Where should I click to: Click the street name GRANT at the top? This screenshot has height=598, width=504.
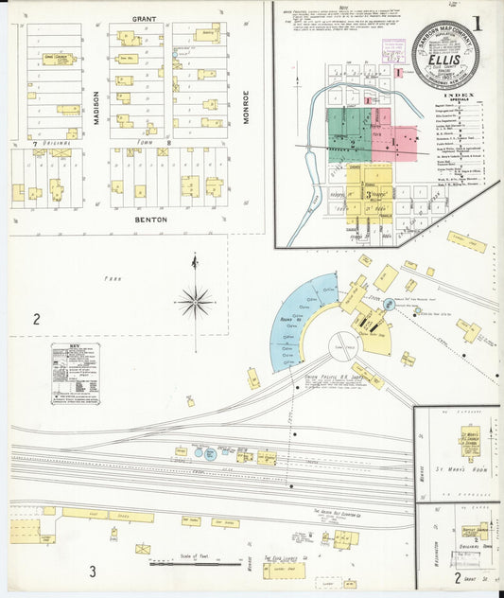tap(145, 18)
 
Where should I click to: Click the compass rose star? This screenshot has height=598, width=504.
tap(196, 303)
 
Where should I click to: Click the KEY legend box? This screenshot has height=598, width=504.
tap(76, 374)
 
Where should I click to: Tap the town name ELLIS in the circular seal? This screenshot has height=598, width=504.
tap(444, 59)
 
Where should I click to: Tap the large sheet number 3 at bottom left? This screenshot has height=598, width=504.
tap(93, 571)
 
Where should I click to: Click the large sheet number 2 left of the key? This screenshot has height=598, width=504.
tap(36, 319)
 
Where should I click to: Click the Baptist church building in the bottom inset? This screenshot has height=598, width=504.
tap(476, 533)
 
